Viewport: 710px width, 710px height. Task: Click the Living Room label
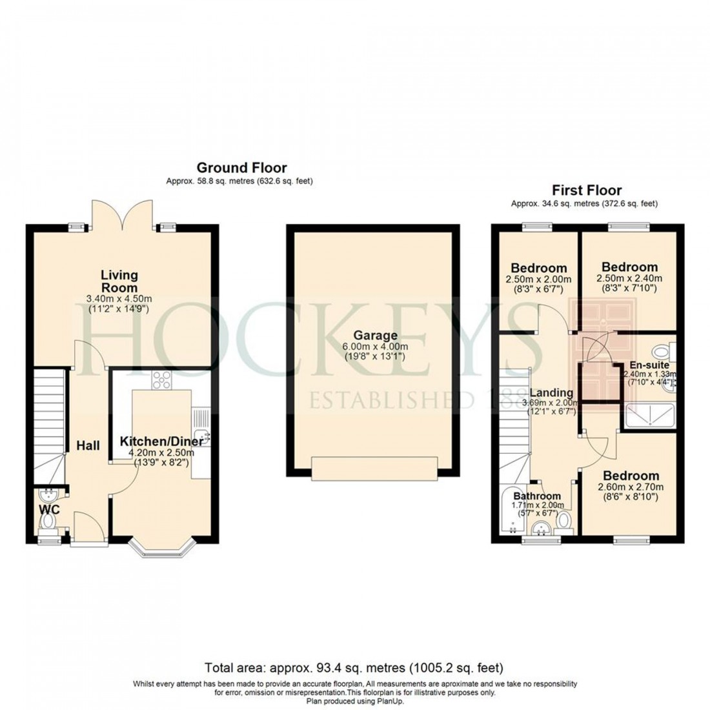point(119,281)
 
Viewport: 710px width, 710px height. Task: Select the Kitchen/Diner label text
point(161,442)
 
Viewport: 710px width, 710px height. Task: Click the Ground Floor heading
point(241,168)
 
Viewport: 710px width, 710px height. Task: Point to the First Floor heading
point(586,190)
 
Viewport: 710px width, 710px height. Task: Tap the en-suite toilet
point(662,352)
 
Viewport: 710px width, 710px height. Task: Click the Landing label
point(551,392)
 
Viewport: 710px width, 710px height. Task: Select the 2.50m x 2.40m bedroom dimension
point(629,278)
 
